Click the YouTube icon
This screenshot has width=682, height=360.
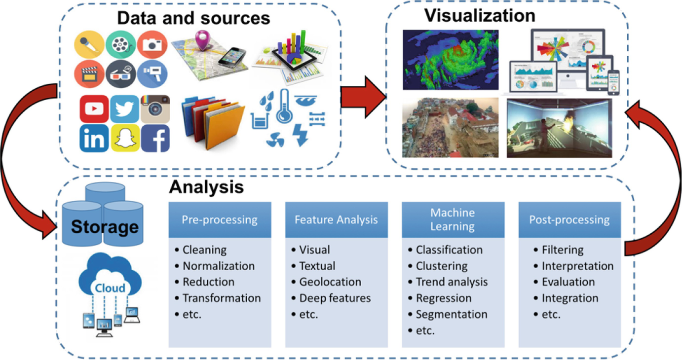click(x=94, y=109)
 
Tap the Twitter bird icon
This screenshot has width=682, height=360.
click(x=124, y=109)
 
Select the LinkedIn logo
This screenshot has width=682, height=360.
click(x=94, y=139)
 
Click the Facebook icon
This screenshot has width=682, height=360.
click(x=155, y=139)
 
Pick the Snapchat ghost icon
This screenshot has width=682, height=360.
click(x=124, y=139)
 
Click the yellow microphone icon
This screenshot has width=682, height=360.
click(x=89, y=44)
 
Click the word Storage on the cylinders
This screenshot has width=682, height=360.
click(x=105, y=226)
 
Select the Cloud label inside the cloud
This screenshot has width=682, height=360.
click(x=110, y=288)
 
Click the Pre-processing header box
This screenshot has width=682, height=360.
click(x=220, y=219)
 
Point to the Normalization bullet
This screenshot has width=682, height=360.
click(x=219, y=266)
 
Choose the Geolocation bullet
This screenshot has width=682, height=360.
click(x=330, y=282)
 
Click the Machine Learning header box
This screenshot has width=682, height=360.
click(x=453, y=219)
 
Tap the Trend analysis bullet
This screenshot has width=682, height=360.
click(x=452, y=282)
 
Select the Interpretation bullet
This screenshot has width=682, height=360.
click(x=577, y=266)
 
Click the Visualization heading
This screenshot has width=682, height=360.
click(x=480, y=15)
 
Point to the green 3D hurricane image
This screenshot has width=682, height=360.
click(x=450, y=60)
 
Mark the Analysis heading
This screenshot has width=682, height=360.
click(x=206, y=187)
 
